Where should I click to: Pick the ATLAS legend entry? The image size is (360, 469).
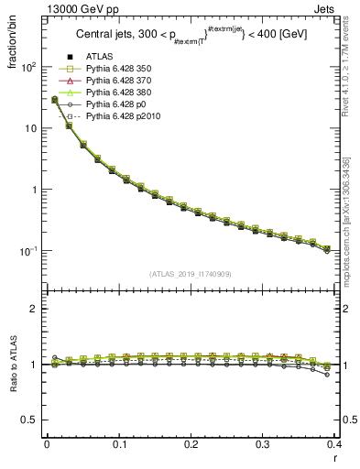pos(98,58)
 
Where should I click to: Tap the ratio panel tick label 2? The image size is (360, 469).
pos(32,309)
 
